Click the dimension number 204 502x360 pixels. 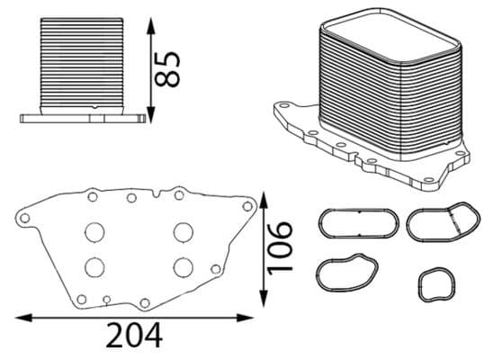pyautogui.click(x=134, y=337)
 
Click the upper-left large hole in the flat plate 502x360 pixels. pyautogui.click(x=94, y=231)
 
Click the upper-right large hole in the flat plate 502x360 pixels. pyautogui.click(x=184, y=231)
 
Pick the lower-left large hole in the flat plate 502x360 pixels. pyautogui.click(x=94, y=266)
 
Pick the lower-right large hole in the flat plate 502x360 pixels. pyautogui.click(x=184, y=266)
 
